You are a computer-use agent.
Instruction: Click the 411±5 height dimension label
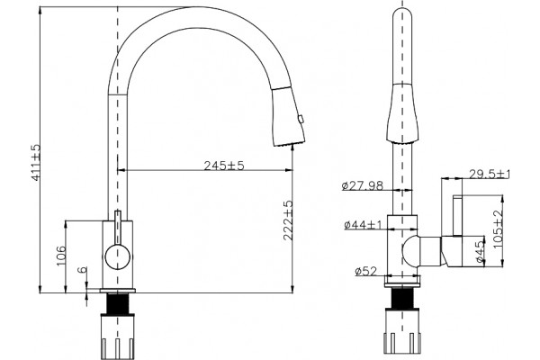(x=36, y=162)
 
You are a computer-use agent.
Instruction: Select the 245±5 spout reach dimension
(x=224, y=166)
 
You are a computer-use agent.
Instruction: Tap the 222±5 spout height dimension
(x=288, y=220)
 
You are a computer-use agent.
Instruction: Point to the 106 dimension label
(x=61, y=256)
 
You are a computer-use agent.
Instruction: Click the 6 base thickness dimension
(x=83, y=270)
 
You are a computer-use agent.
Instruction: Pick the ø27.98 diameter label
(x=363, y=185)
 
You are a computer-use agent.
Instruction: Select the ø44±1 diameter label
(x=363, y=225)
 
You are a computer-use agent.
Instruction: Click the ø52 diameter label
(x=365, y=272)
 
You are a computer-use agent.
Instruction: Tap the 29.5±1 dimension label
(x=490, y=174)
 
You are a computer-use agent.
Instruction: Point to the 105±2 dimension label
(x=498, y=229)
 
